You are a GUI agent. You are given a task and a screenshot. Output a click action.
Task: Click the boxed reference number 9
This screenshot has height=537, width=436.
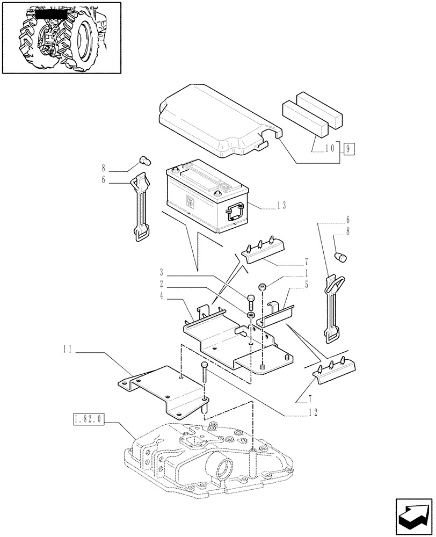click(348, 148)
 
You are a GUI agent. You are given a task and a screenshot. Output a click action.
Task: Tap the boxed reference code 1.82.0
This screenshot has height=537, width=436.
click(89, 418)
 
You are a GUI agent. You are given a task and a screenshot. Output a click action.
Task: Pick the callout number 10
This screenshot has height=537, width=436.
click(329, 148)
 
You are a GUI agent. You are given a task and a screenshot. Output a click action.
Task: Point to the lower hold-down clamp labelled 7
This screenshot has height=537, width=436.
click(337, 371)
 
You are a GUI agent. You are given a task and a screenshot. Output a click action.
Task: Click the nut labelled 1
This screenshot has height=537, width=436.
click(263, 287)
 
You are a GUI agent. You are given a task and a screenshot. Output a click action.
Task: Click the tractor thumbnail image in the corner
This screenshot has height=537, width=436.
click(61, 37)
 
